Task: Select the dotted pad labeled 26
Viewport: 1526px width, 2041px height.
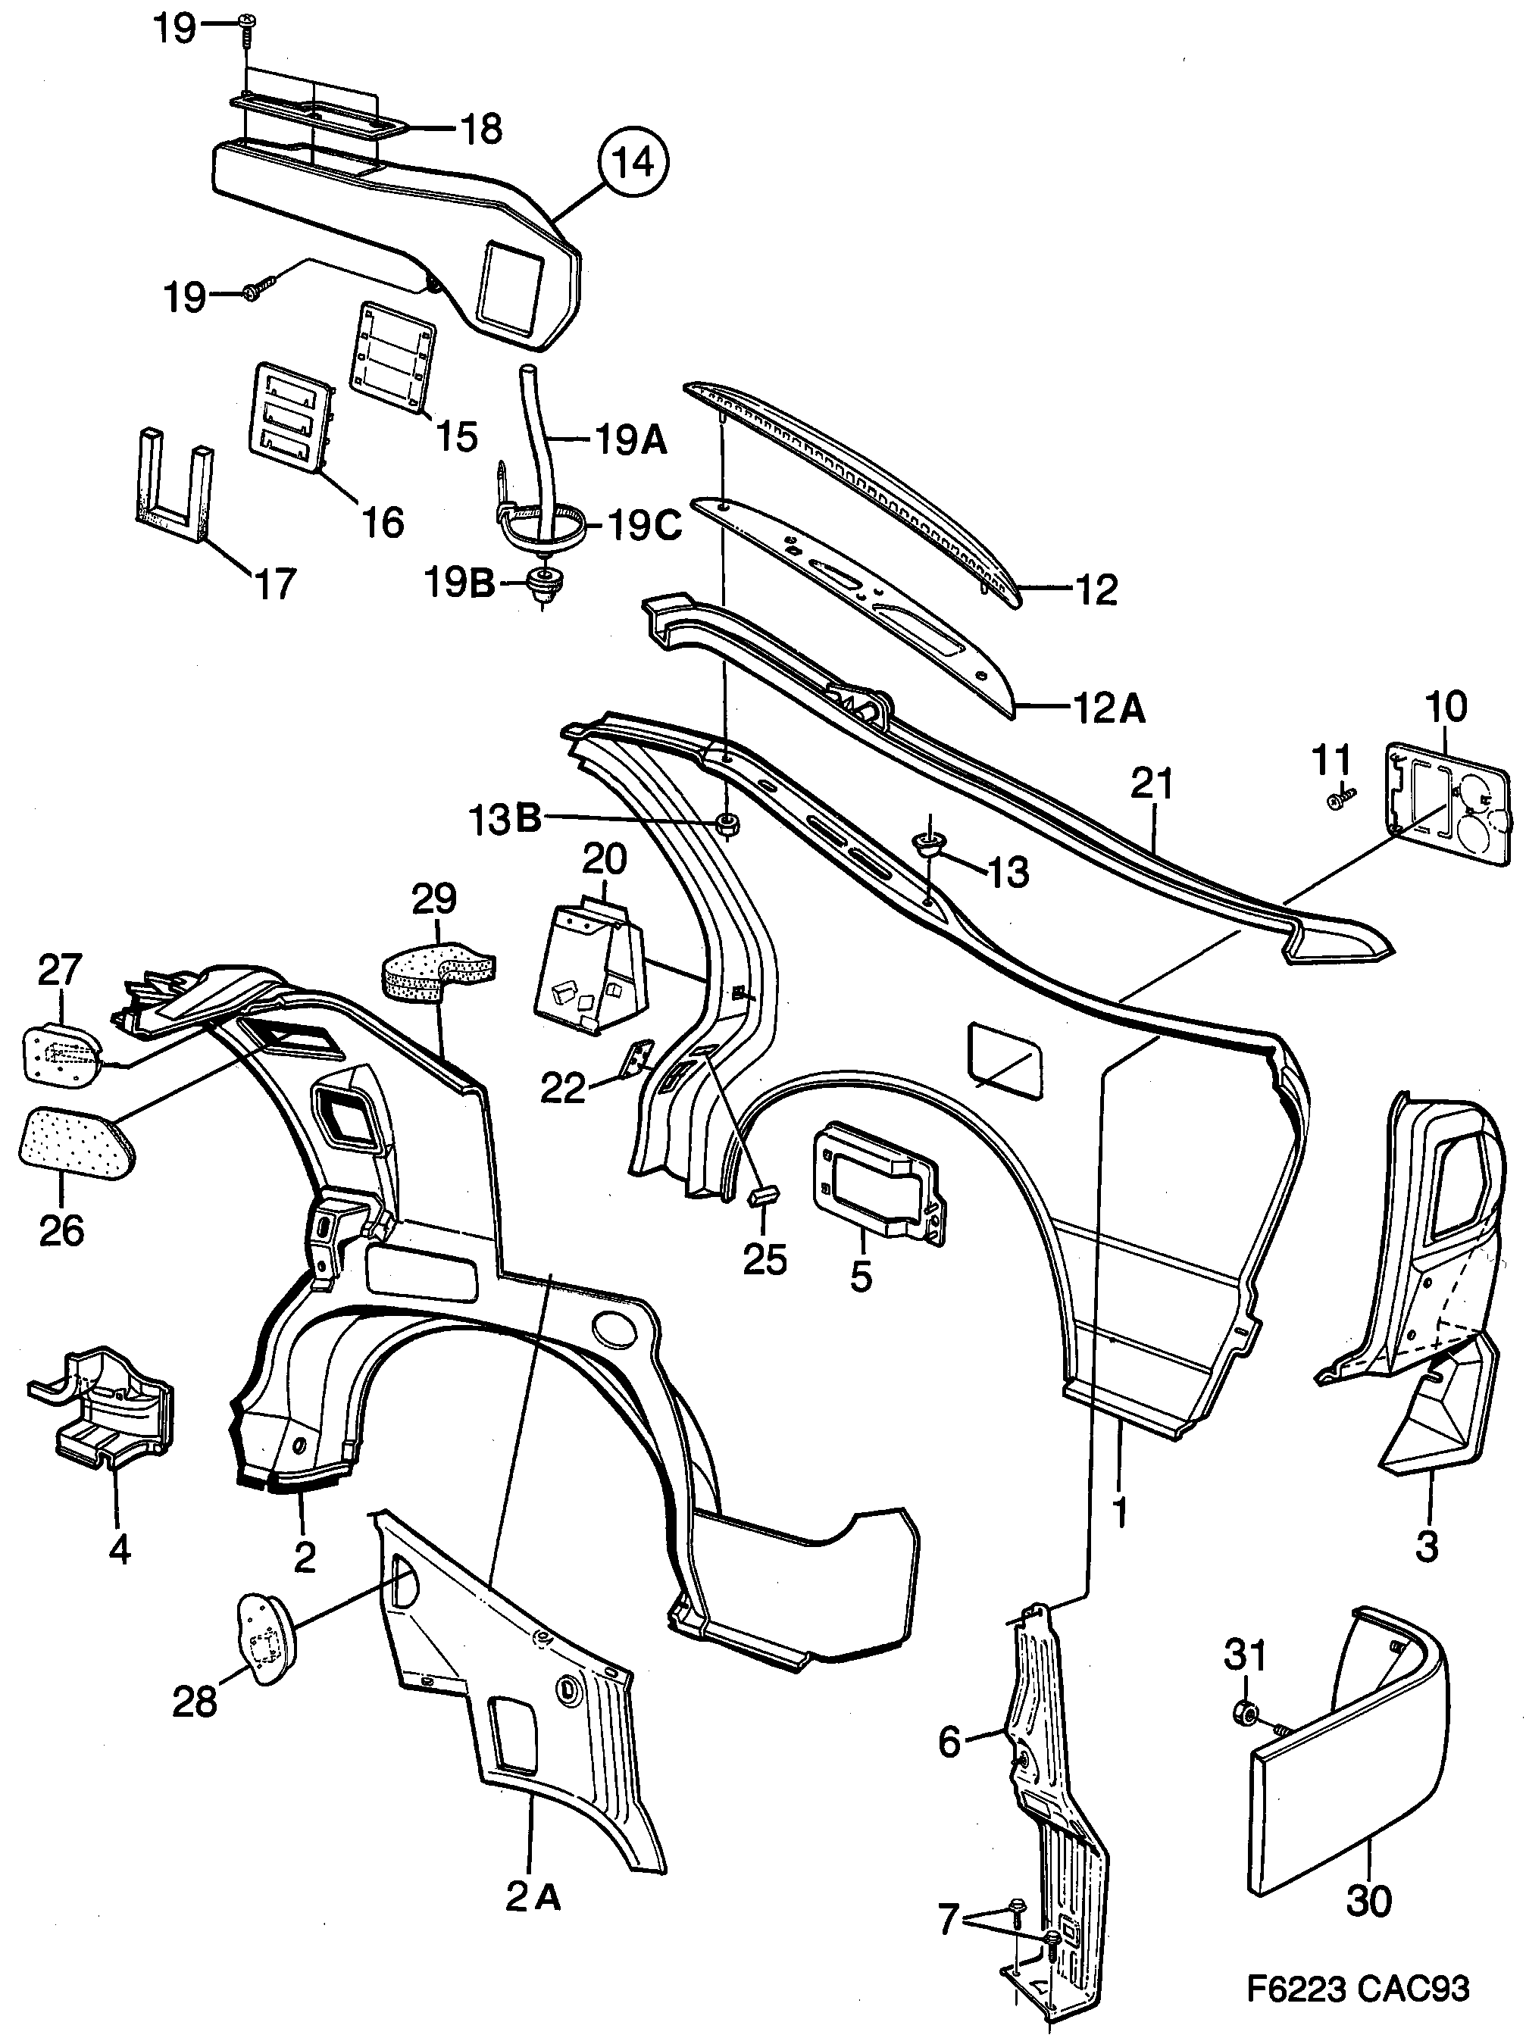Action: (77, 1143)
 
